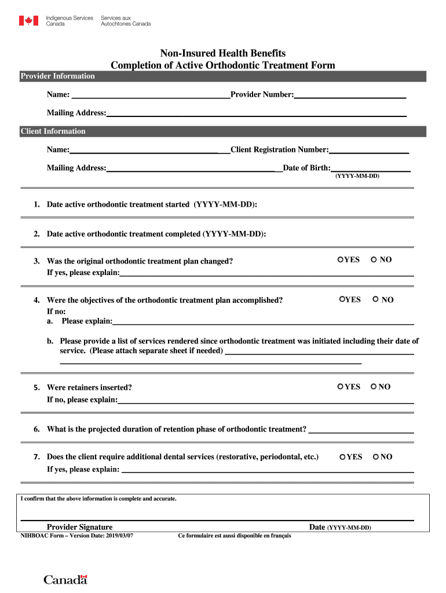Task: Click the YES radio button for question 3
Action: [x=341, y=259]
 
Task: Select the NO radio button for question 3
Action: [x=374, y=259]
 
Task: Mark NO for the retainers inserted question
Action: [x=374, y=386]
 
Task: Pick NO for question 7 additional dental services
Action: [x=376, y=457]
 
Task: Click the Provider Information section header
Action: [x=58, y=76]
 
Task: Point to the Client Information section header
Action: [x=53, y=131]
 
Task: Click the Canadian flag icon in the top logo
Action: [x=27, y=21]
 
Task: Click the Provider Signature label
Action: [x=79, y=527]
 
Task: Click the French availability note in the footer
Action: [x=235, y=536]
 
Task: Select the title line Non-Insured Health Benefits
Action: [x=222, y=53]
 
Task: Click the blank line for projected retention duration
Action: [x=361, y=430]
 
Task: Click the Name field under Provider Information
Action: [x=150, y=95]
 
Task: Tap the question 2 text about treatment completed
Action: [x=156, y=234]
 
